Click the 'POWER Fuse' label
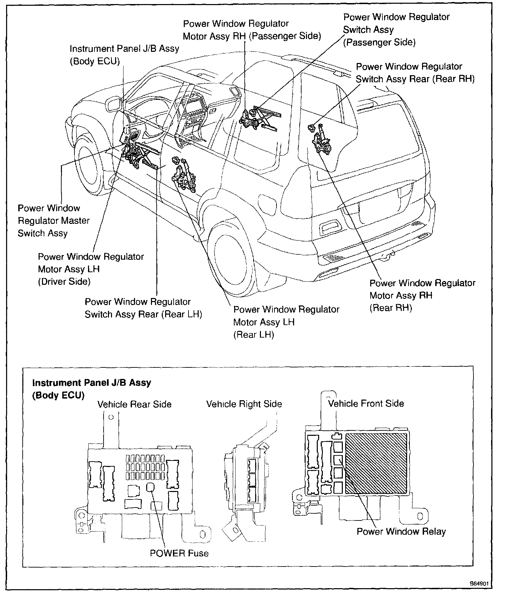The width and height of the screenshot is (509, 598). click(x=179, y=553)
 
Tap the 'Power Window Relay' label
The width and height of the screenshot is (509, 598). click(x=401, y=532)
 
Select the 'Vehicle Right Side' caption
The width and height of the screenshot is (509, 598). click(x=244, y=404)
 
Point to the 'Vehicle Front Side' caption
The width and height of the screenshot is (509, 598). click(x=366, y=403)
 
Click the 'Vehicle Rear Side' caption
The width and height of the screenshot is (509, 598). click(x=134, y=404)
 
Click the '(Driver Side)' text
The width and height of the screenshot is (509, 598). click(x=64, y=282)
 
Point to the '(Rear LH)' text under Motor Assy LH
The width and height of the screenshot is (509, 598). click(x=253, y=335)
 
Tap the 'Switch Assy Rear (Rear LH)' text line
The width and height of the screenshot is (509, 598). click(x=143, y=314)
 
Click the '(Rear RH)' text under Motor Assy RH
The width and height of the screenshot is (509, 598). click(x=391, y=308)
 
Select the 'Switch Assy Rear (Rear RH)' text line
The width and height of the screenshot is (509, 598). click(x=415, y=79)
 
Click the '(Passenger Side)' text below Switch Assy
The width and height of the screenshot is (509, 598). click(x=379, y=42)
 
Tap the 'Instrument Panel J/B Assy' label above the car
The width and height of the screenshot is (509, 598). click(x=124, y=49)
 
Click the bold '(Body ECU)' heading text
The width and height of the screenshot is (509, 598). click(x=58, y=396)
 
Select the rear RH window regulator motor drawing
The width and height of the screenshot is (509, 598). click(x=322, y=144)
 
